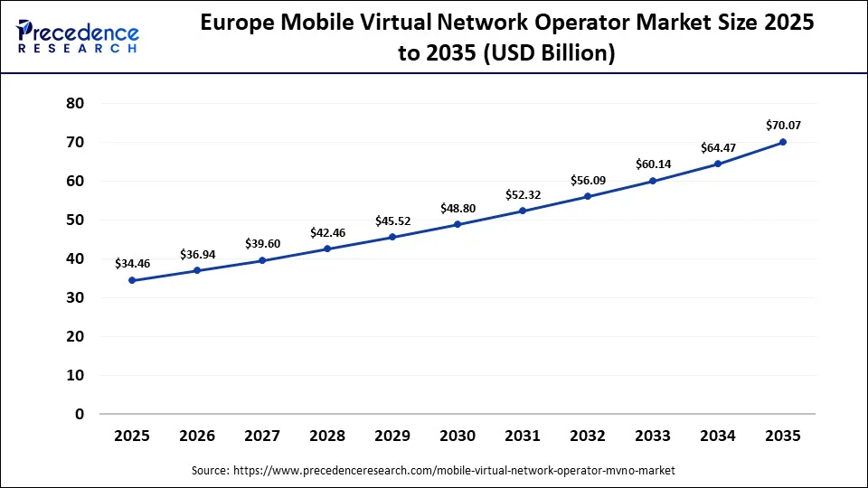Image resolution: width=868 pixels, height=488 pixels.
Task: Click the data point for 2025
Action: click(132, 280)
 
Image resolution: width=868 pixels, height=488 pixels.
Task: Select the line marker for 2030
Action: click(458, 224)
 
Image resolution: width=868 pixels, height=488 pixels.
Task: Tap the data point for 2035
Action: click(783, 142)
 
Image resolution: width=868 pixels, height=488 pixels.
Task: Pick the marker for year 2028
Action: click(327, 249)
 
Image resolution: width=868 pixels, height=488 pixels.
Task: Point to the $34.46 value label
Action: click(132, 263)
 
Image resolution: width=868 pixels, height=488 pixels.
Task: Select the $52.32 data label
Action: click(523, 194)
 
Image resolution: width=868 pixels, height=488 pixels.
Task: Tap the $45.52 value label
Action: click(392, 220)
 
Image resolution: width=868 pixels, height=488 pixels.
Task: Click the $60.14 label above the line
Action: click(653, 164)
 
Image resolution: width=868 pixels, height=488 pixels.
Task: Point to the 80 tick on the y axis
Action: click(75, 103)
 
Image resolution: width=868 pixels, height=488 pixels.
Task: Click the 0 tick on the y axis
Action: click(80, 414)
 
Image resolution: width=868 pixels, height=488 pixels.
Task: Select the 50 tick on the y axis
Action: click(75, 220)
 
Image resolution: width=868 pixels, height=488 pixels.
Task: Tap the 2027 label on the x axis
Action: click(262, 436)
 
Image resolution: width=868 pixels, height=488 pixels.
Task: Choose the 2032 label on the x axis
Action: click(588, 436)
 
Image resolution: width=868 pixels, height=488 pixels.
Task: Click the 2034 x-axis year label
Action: click(718, 436)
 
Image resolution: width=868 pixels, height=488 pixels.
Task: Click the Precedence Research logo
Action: click(78, 36)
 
